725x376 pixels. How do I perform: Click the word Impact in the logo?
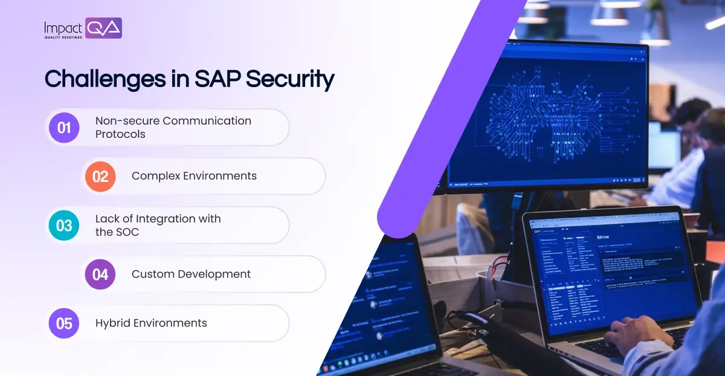pyautogui.click(x=63, y=27)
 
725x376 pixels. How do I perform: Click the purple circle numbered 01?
pyautogui.click(x=64, y=128)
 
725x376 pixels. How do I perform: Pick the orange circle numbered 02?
pyautogui.click(x=100, y=177)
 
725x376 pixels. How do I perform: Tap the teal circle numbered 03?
pyautogui.click(x=64, y=225)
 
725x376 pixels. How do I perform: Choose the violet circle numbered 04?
pyautogui.click(x=100, y=274)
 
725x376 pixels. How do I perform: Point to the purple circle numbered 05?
pyautogui.click(x=64, y=323)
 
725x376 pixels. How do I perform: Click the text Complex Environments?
pyautogui.click(x=194, y=176)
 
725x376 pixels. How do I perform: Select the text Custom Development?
pyautogui.click(x=191, y=274)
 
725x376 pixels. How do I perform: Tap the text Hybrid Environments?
pyautogui.click(x=151, y=323)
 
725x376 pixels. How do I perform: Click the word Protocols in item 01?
pyautogui.click(x=120, y=134)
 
